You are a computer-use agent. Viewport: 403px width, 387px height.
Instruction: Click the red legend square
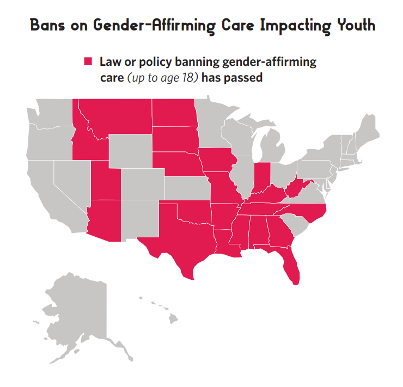click(87, 61)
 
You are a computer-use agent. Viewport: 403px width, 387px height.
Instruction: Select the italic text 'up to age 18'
click(163, 78)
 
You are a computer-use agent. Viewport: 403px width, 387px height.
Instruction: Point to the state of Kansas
click(187, 188)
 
